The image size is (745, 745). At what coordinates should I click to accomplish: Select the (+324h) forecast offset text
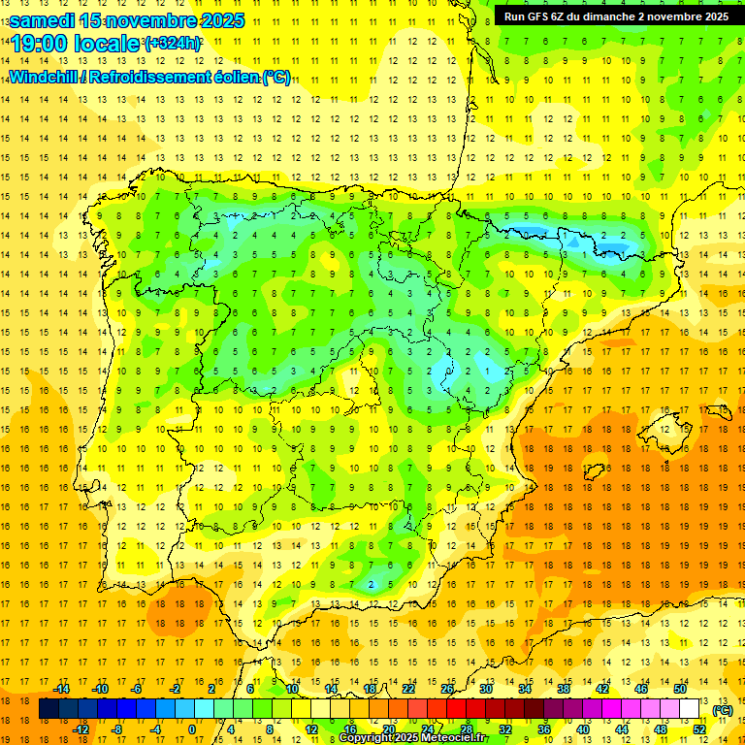(173, 44)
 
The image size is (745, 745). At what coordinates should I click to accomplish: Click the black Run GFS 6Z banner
(616, 16)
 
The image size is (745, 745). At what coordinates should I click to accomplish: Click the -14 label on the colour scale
(61, 689)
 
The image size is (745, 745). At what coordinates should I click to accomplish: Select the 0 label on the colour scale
(191, 729)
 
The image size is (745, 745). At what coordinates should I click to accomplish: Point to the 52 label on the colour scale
(699, 729)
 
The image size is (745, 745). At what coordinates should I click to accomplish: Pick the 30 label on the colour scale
(485, 689)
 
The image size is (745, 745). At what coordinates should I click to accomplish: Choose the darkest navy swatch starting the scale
(49, 709)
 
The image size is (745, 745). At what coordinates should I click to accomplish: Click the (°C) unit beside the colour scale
(723, 710)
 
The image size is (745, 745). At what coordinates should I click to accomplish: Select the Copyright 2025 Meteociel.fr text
(412, 738)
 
